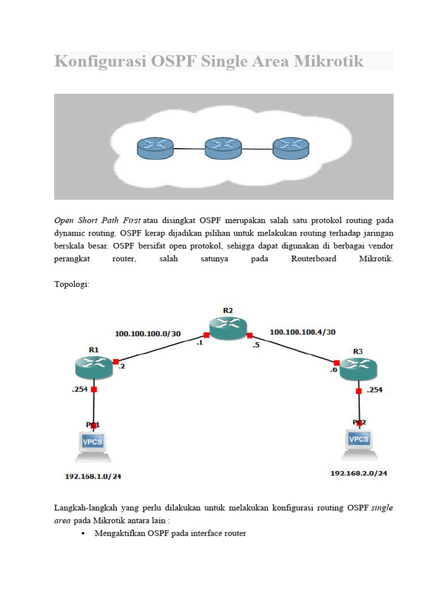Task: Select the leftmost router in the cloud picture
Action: tap(155, 148)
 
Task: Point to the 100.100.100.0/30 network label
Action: tap(148, 334)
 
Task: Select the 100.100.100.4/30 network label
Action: tap(302, 332)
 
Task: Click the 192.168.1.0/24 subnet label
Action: tap(93, 476)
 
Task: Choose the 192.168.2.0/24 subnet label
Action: tap(359, 473)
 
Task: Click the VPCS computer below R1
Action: tap(93, 443)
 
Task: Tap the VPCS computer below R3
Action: tap(359, 440)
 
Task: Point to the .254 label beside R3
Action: tap(374, 390)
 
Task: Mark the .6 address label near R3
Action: tap(334, 370)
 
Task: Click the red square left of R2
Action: tap(206, 335)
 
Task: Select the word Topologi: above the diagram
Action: tap(72, 285)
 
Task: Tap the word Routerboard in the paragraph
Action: tap(313, 258)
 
